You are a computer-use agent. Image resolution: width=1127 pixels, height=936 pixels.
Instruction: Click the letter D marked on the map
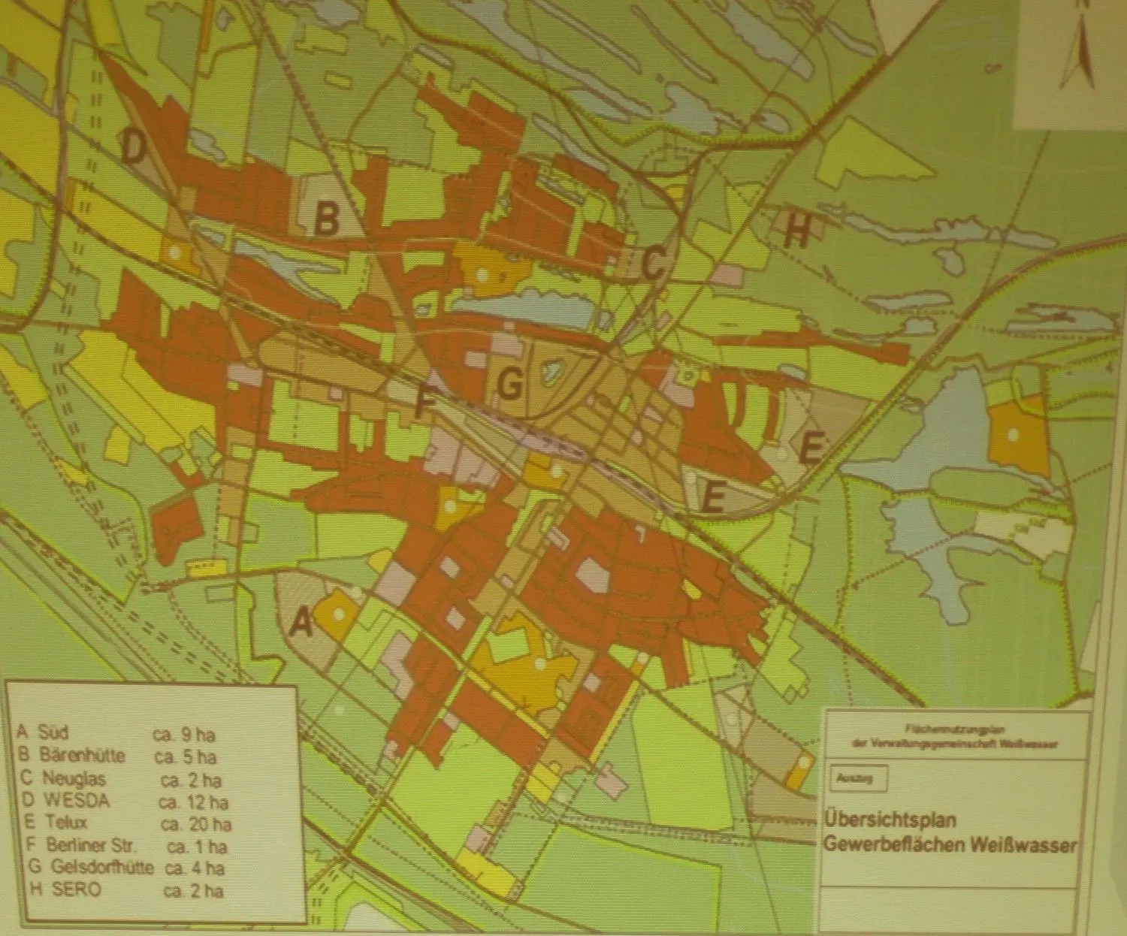click(133, 149)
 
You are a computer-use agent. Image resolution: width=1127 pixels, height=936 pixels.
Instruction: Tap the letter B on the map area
click(326, 219)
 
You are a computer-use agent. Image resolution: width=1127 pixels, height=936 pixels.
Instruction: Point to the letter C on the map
click(652, 263)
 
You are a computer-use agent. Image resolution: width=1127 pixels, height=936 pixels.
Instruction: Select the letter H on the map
click(797, 233)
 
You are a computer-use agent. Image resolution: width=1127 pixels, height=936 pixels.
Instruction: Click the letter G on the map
click(510, 385)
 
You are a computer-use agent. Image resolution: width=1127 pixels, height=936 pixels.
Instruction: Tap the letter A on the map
click(301, 622)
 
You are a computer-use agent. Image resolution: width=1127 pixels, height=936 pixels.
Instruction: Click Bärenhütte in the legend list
click(82, 755)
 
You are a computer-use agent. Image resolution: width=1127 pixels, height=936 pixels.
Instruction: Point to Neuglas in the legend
click(74, 778)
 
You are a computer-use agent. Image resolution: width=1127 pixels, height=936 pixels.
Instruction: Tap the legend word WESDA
click(76, 800)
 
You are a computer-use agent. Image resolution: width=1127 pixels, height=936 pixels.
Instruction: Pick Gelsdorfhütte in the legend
click(102, 867)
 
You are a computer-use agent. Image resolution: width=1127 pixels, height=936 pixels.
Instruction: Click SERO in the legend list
click(76, 889)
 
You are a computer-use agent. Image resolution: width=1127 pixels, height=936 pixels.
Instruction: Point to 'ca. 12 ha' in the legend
click(193, 802)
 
